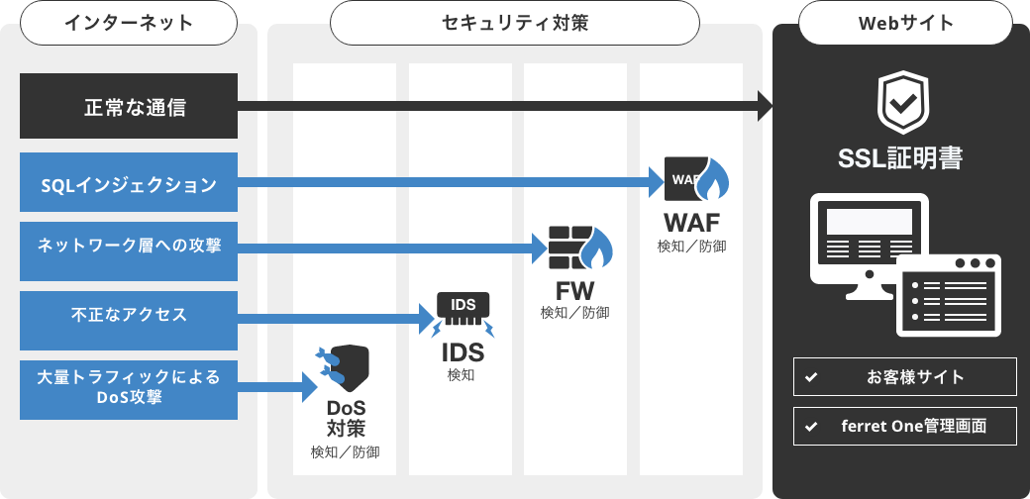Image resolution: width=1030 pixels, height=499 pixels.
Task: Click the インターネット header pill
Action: (129, 23)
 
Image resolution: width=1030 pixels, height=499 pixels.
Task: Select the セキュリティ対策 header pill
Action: (515, 23)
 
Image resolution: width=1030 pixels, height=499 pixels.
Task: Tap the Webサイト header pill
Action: (900, 23)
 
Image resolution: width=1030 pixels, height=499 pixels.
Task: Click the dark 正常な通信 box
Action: (129, 106)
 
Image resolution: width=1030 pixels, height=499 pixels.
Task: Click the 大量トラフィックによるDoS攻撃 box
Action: (129, 389)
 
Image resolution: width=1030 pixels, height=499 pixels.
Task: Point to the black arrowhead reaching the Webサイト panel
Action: (765, 106)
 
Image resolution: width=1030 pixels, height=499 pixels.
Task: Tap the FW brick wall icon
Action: (580, 249)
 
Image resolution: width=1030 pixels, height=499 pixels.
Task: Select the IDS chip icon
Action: (463, 311)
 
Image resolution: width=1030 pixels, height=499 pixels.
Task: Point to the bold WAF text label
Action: (691, 220)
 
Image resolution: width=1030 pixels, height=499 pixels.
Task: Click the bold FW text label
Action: (575, 290)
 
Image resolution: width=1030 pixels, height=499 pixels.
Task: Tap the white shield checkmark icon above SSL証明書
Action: (900, 102)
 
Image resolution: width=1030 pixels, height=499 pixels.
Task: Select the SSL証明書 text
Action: (900, 158)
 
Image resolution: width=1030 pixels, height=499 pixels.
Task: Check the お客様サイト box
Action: (904, 377)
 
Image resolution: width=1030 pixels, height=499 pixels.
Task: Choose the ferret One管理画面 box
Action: (904, 427)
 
